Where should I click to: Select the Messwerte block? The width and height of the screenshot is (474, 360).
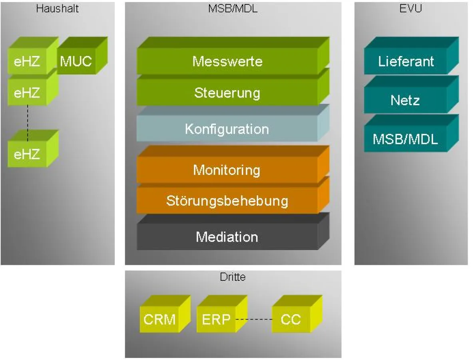(x=227, y=61)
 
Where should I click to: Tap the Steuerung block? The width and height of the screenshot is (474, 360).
(x=227, y=93)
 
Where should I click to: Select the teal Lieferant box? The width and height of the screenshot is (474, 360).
(x=406, y=62)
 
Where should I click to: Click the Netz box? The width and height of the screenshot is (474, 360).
(x=405, y=100)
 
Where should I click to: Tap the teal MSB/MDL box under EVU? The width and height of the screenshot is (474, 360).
(x=405, y=139)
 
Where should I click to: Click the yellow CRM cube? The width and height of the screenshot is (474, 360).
(x=160, y=320)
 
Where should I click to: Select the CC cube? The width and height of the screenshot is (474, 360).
(x=291, y=320)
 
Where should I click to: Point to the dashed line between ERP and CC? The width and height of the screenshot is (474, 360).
(x=254, y=320)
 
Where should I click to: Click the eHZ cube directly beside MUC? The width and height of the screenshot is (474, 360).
(x=27, y=62)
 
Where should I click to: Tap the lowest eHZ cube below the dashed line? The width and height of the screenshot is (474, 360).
(x=27, y=154)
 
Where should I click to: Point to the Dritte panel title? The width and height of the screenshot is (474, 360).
(x=233, y=277)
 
